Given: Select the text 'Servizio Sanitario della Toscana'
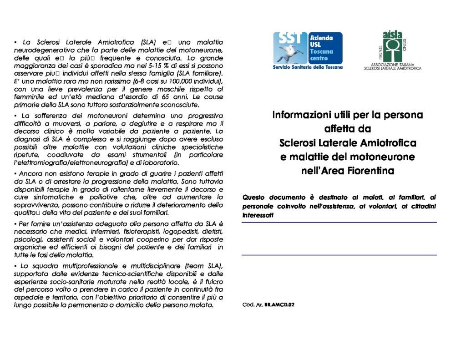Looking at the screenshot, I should (308, 67).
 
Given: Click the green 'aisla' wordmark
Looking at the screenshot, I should (392, 34).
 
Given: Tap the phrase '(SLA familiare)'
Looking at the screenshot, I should (201, 74).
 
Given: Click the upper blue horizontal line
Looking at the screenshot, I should (339, 222).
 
